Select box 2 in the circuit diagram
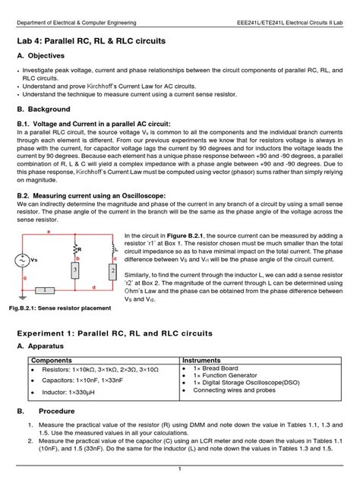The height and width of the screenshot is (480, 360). point(112,272)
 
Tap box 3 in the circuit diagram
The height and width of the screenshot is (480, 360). point(74,270)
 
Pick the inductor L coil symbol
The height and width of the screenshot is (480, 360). point(112,248)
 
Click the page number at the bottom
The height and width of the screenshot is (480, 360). point(179,469)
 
